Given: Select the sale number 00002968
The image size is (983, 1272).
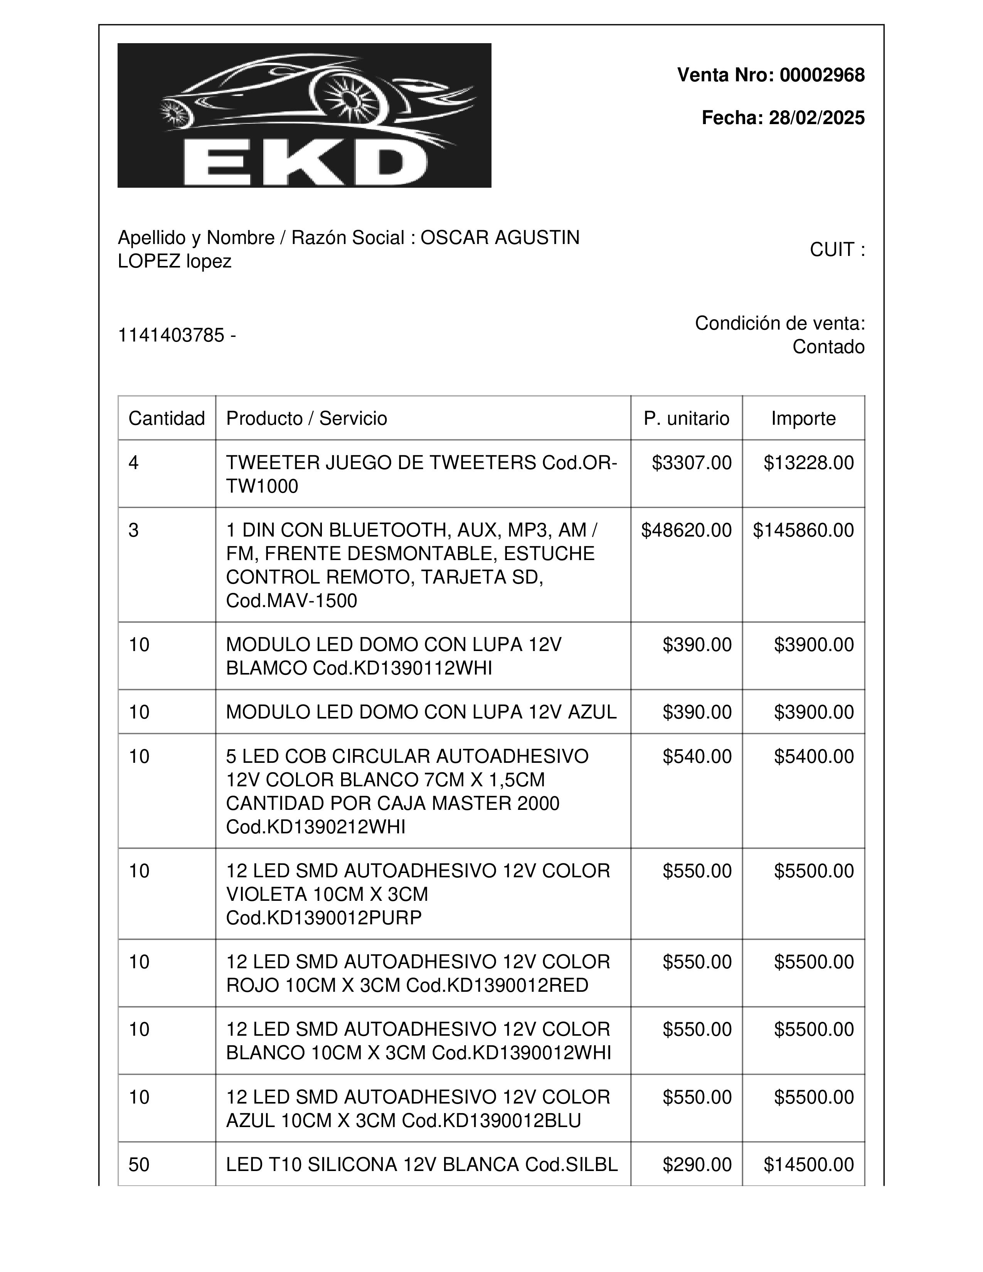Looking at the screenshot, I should (822, 75).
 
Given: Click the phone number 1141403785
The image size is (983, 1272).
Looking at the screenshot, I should (171, 335).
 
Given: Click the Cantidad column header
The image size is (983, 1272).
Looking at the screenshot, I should (167, 418).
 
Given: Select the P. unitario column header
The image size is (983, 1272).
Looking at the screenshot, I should (686, 418).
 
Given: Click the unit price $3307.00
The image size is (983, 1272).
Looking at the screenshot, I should (691, 463).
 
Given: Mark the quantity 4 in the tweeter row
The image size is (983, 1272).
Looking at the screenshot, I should (134, 463).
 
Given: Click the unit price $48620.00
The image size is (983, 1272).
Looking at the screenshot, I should (686, 530).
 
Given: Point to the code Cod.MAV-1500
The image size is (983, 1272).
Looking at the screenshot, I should (291, 601).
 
